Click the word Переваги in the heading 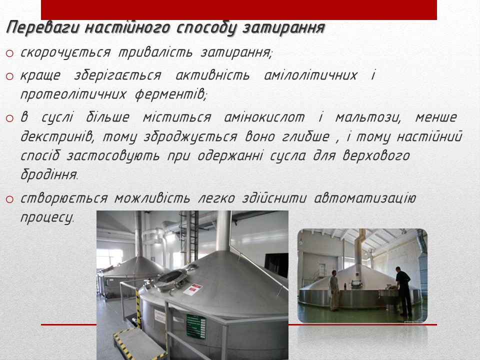[43, 28]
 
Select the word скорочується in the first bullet [65, 52]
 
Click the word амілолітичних [310, 75]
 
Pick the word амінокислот [264, 117]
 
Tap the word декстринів [57, 136]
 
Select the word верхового [376, 155]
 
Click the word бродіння [49, 174]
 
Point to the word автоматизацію [365, 198]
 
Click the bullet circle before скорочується [9, 53]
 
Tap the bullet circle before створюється [9, 199]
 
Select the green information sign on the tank [196, 326]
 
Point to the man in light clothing [333, 290]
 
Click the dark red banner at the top [239, 10]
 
